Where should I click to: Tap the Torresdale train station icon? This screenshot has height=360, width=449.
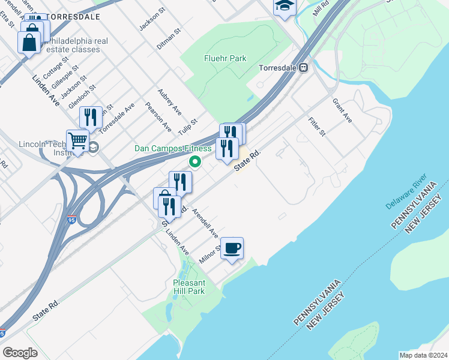click(304, 68)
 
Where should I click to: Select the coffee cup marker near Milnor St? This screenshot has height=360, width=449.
click(232, 248)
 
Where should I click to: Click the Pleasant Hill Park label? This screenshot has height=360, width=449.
click(189, 287)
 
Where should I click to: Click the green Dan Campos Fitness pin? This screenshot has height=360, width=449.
click(195, 161)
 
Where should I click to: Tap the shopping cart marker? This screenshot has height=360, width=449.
click(77, 141)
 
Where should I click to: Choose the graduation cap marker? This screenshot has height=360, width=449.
click(284, 7)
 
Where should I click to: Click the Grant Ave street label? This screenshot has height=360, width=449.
click(342, 111)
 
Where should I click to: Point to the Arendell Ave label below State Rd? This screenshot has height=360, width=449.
click(205, 223)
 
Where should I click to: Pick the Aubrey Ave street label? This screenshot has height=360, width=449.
click(169, 102)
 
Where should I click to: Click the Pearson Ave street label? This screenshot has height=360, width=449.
click(158, 117)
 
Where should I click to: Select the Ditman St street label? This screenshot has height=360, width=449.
click(169, 38)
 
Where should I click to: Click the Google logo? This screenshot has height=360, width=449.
click(20, 352)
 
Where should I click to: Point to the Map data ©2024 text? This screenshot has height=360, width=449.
click(423, 355)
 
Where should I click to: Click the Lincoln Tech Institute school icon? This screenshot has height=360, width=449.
click(94, 146)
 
